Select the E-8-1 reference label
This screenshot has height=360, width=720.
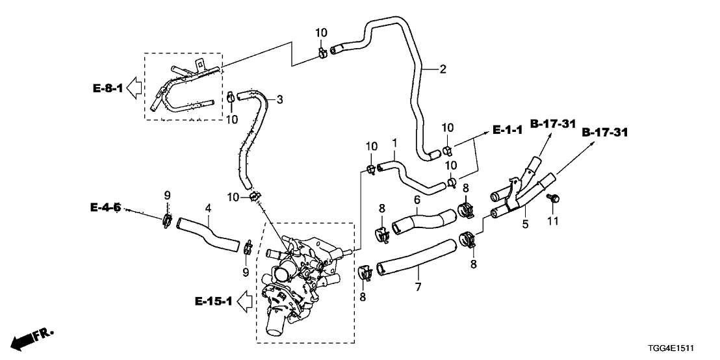(x=107, y=86)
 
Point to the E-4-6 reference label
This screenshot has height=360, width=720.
(x=105, y=208)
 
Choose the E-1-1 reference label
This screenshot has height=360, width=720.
(x=508, y=131)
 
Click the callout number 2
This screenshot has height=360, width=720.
(x=443, y=69)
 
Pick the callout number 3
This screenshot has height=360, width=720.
(x=279, y=99)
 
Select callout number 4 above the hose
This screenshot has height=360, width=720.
(x=208, y=208)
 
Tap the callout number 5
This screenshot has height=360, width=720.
(x=525, y=224)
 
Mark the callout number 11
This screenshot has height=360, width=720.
(x=553, y=222)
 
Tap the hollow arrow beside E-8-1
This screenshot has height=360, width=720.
(x=135, y=86)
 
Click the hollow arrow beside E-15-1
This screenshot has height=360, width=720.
(x=244, y=300)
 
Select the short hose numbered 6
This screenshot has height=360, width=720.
(x=424, y=220)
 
